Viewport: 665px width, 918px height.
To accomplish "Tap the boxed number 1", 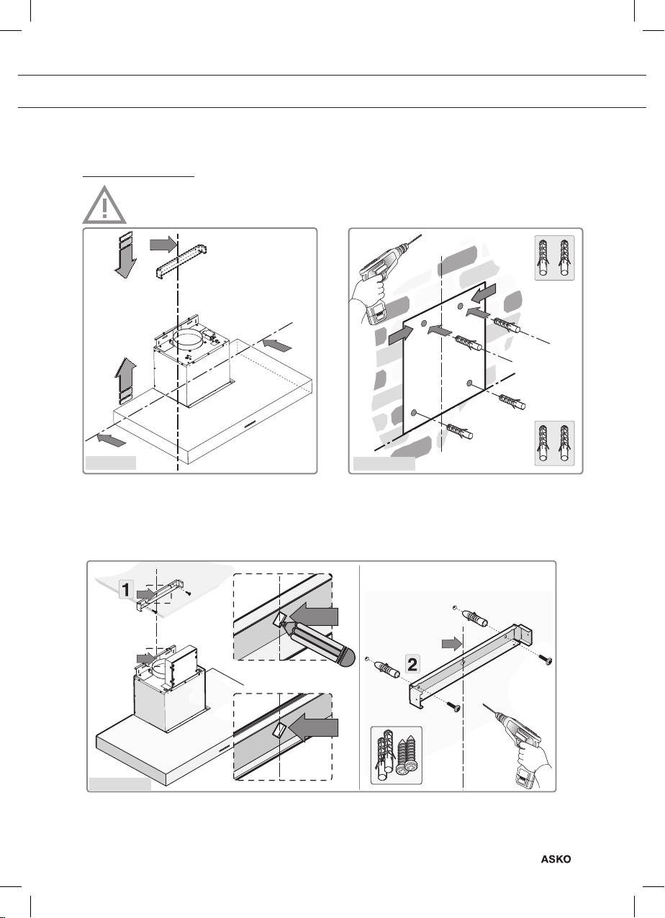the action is pos(125,590).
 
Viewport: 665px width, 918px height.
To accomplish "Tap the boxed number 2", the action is pos(410,665).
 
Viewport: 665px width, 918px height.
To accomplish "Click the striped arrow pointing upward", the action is pos(124,378).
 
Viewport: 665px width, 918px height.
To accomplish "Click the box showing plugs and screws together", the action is pos(396,755).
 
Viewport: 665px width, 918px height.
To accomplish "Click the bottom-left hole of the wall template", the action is pos(414,412).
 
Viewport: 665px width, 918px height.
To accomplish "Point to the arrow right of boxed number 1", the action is pos(146,593).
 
